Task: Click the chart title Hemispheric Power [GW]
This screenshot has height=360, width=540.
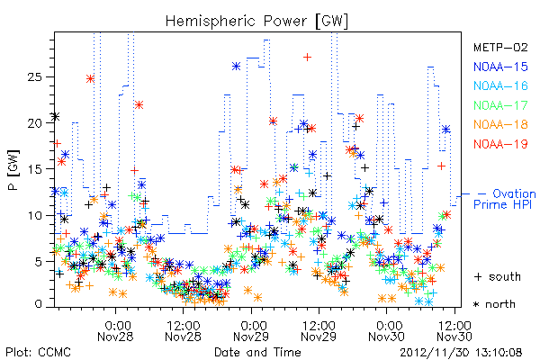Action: [256, 22]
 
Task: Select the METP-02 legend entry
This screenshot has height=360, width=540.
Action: [500, 47]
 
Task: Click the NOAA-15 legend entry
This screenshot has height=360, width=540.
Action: [500, 67]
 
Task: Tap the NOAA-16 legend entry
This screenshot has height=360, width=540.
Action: [500, 85]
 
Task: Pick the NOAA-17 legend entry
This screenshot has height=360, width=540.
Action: [500, 105]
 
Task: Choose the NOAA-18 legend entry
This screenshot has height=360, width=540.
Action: [500, 124]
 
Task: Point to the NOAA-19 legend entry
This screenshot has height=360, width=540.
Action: [500, 144]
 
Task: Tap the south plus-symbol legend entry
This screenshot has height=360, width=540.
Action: [498, 276]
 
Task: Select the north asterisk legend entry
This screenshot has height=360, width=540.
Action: [494, 304]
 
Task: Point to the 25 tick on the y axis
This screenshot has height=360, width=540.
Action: [34, 76]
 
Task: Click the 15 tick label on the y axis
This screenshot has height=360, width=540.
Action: [34, 169]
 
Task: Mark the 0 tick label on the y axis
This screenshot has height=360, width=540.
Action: [38, 304]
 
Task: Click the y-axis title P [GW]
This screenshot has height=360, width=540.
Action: [13, 169]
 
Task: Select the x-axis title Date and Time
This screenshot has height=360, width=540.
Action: [257, 352]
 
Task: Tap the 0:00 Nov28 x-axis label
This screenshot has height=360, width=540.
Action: [115, 330]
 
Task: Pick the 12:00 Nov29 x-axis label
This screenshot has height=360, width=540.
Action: [319, 330]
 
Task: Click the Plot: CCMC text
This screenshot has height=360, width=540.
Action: [38, 352]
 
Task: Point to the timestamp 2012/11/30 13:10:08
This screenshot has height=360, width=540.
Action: [461, 353]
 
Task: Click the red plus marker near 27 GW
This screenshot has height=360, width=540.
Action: [307, 57]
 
